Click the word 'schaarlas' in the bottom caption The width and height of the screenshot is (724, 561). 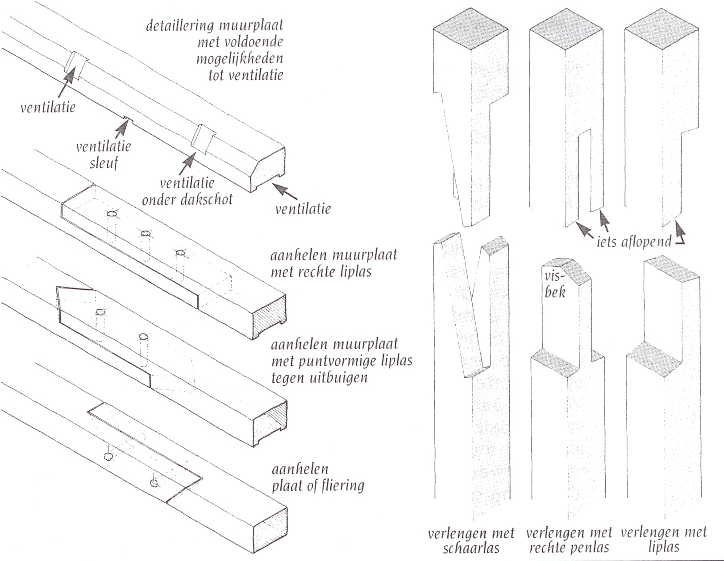470,548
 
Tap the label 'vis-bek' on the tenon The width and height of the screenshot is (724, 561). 555,284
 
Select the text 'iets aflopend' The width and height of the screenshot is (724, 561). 634,241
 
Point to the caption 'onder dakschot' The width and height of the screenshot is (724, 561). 187,199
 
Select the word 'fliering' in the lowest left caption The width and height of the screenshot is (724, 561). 341,485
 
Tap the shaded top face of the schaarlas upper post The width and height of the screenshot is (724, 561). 471,26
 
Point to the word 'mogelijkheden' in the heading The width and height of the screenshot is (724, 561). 239,58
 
